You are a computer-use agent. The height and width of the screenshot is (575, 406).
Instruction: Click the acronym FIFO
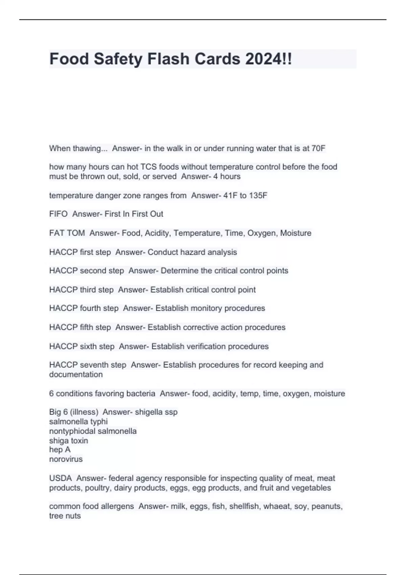tap(58, 214)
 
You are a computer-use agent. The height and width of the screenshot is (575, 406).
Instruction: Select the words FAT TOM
tap(67, 233)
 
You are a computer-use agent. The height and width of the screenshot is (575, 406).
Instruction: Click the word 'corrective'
tap(201, 327)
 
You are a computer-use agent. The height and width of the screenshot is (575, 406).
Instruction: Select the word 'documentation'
tap(76, 375)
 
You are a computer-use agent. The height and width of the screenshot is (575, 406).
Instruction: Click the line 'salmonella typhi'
tap(78, 422)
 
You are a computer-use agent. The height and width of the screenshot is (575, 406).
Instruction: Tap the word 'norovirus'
tap(66, 459)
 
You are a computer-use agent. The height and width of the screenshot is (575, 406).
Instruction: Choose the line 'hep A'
tap(60, 450)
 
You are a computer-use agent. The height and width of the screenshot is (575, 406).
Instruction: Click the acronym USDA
tap(60, 478)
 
